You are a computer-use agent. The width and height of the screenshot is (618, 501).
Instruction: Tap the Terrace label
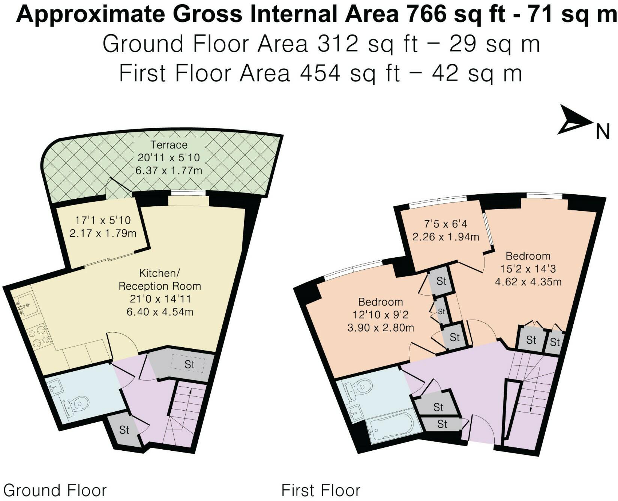click(169, 145)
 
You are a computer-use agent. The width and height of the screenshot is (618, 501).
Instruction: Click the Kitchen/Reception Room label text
click(160, 279)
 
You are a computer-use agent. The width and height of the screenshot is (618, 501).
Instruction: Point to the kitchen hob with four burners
click(39, 336)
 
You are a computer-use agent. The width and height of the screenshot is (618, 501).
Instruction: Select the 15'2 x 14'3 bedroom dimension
click(528, 268)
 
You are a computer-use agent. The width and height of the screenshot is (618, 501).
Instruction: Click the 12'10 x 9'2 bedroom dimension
click(380, 315)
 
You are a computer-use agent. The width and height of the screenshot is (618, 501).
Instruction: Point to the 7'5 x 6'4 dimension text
click(445, 224)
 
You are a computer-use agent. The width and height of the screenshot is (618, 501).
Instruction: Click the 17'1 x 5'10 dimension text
click(103, 220)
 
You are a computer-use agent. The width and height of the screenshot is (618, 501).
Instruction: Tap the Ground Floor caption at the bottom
click(55, 490)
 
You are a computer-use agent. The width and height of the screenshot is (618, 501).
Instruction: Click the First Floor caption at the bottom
click(321, 490)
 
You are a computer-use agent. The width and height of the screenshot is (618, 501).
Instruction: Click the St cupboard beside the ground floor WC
click(124, 430)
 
